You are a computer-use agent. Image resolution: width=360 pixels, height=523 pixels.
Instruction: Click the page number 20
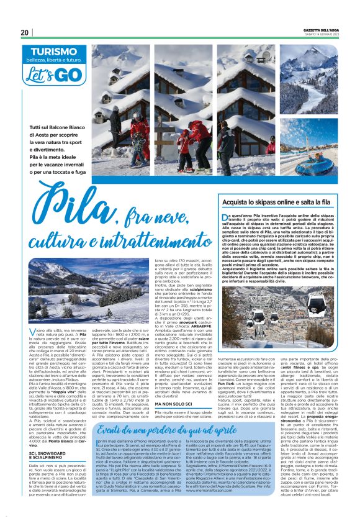point(25,32)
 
